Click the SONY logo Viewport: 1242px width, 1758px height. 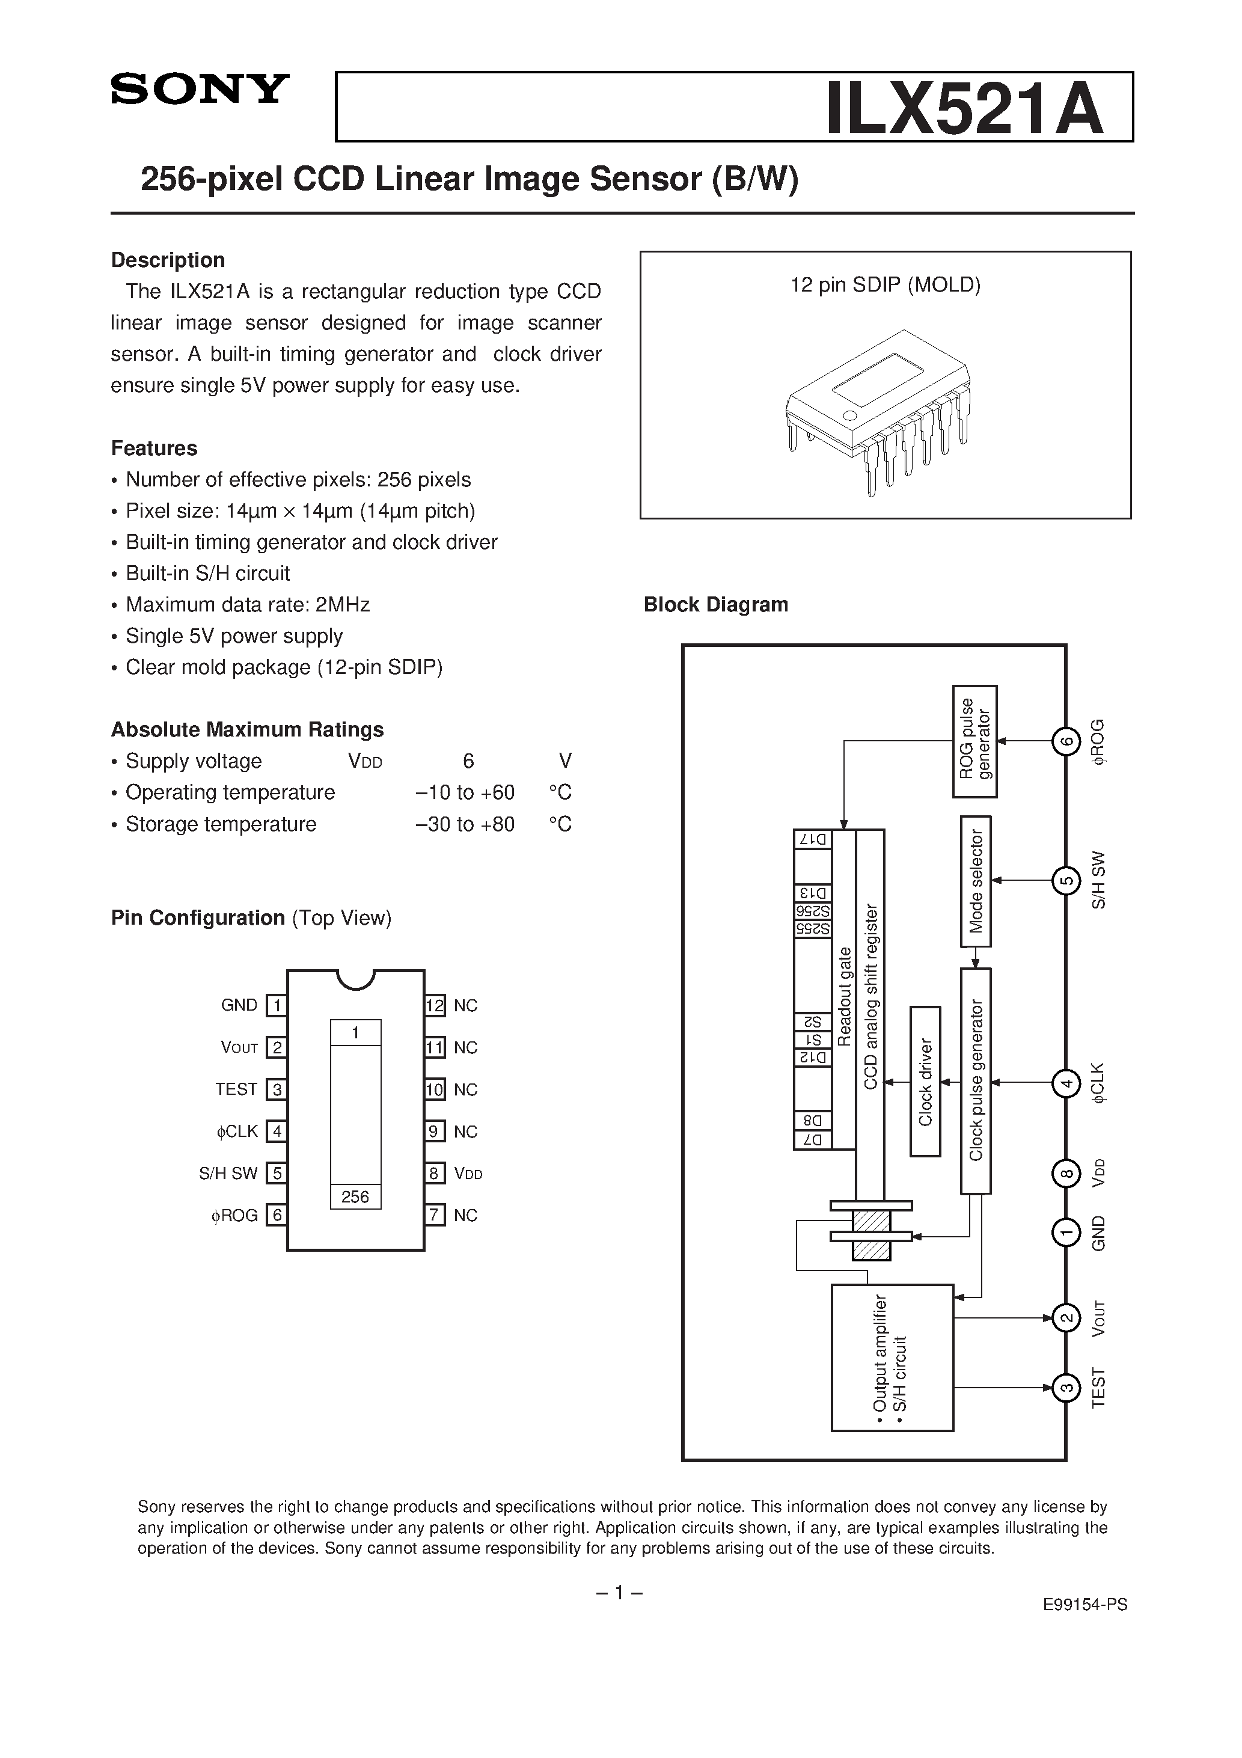(x=200, y=89)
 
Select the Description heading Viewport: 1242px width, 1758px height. (x=168, y=260)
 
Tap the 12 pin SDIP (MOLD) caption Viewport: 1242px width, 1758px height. (x=885, y=285)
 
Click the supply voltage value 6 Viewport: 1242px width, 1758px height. (x=468, y=761)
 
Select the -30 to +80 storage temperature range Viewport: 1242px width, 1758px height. (x=465, y=825)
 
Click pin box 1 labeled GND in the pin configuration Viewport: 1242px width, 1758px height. (x=277, y=1005)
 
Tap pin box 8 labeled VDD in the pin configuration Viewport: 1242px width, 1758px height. (x=435, y=1173)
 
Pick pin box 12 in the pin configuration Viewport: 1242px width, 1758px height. (x=435, y=1005)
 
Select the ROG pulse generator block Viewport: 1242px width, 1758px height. (x=974, y=741)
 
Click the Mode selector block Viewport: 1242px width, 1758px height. (x=976, y=881)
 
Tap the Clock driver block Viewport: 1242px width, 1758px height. (x=925, y=1081)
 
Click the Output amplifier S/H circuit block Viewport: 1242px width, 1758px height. (x=892, y=1357)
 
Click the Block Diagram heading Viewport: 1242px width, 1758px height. (x=715, y=605)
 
